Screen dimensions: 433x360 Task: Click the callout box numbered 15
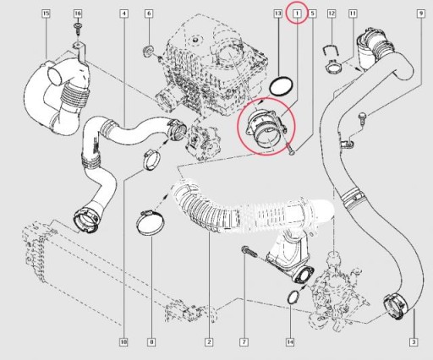tap(46, 14)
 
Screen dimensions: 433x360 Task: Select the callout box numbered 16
tap(78, 14)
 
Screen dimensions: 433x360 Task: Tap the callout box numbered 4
tap(124, 14)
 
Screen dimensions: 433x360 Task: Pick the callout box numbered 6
tap(149, 14)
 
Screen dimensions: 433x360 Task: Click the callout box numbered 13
tap(278, 14)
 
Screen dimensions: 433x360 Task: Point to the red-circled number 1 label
tap(297, 13)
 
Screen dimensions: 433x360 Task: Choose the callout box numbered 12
tap(332, 14)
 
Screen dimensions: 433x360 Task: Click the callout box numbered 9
tap(420, 14)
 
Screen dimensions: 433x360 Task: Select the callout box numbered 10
tap(123, 342)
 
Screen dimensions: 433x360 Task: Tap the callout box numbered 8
tap(151, 342)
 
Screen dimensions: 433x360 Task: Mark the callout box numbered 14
tap(290, 342)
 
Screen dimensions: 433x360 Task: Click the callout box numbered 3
tap(414, 342)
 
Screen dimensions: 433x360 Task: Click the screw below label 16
tap(78, 28)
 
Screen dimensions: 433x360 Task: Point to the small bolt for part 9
tap(362, 117)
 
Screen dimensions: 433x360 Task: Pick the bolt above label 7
tap(249, 251)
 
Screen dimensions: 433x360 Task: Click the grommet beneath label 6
tap(148, 52)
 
